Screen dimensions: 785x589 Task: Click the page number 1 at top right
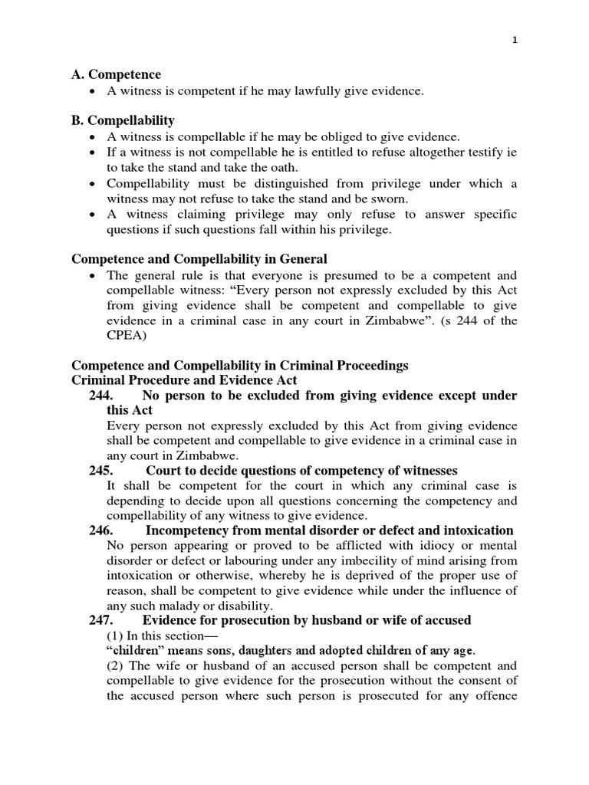click(515, 42)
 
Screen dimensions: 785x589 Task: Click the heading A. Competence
click(116, 74)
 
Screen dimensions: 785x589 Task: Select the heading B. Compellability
click(123, 120)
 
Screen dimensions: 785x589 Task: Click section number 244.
click(102, 396)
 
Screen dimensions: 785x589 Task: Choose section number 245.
click(102, 470)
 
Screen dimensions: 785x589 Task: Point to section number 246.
click(102, 530)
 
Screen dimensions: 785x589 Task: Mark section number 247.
click(102, 619)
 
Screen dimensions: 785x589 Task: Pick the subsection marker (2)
click(116, 665)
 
